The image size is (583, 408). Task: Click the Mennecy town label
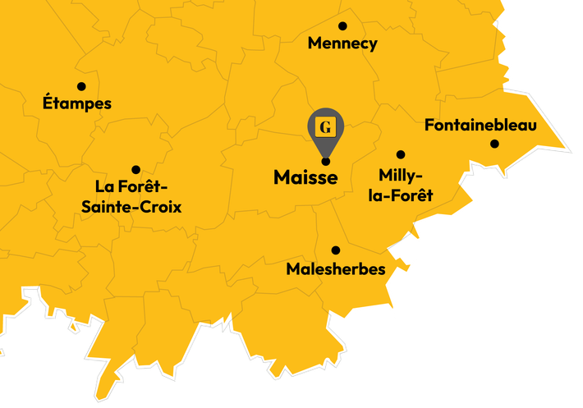pos(342,44)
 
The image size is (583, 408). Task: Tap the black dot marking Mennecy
pos(342,26)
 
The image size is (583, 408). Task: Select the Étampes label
pos(76,104)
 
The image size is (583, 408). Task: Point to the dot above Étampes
pos(81,86)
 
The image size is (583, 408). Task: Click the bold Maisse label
pos(305,177)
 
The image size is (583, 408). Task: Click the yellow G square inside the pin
pos(326,126)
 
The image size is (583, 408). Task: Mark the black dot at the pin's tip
pos(326,161)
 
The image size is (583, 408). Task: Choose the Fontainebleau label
pos(480,126)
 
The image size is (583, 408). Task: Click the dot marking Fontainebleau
pos(494,144)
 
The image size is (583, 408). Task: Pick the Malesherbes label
pos(336,269)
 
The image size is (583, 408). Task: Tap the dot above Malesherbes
pos(335,250)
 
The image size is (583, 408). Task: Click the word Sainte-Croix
pos(131,207)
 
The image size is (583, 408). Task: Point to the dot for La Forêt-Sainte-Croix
pos(135,170)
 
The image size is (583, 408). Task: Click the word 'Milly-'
pos(401,176)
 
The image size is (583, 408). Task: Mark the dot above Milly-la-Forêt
pos(401,154)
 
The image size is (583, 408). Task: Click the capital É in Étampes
pos(48,103)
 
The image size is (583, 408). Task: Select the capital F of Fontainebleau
pos(429,126)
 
